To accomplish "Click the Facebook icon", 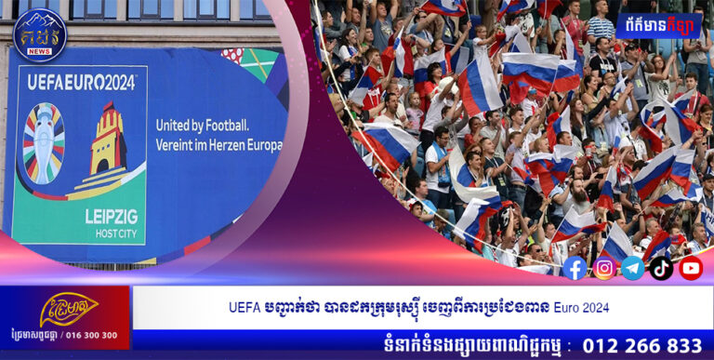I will pyautogui.click(x=575, y=268).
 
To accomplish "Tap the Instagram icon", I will pyautogui.click(x=604, y=268).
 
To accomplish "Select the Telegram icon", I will pyautogui.click(x=633, y=268).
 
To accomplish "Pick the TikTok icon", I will pyautogui.click(x=662, y=268).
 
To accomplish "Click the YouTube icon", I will pyautogui.click(x=691, y=268).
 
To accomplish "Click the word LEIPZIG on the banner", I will pyautogui.click(x=111, y=216).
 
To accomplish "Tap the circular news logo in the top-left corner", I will pyautogui.click(x=39, y=34).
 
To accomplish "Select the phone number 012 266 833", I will pyautogui.click(x=641, y=344).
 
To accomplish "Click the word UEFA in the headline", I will pyautogui.click(x=245, y=307).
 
